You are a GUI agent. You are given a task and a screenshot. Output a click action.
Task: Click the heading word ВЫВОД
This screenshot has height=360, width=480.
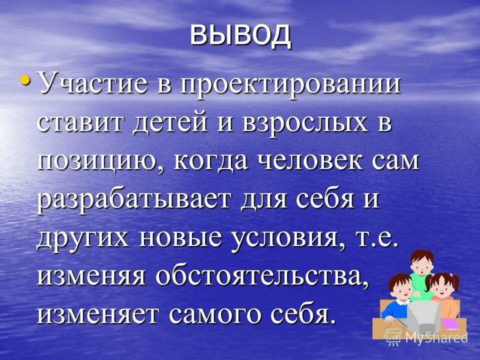(x=240, y=35)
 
